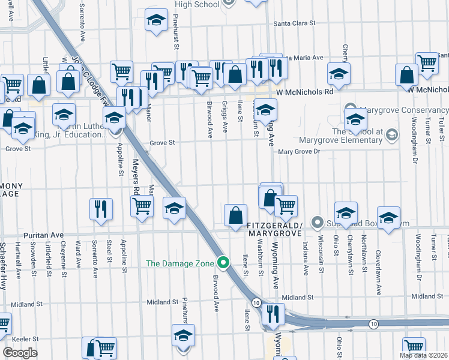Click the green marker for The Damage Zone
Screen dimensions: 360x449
point(224,262)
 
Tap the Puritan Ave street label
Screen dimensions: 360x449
point(43,236)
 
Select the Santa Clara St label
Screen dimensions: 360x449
point(294,23)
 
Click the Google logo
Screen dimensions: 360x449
point(19,352)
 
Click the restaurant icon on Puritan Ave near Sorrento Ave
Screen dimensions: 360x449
point(100,209)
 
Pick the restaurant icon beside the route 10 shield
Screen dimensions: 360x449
point(273,314)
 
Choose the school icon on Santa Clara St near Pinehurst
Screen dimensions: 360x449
point(156,21)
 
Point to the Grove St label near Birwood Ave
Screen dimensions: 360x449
point(162,143)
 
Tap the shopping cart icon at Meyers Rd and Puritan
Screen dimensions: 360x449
point(142,206)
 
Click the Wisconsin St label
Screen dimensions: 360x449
point(322,259)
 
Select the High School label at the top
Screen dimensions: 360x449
point(197,4)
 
